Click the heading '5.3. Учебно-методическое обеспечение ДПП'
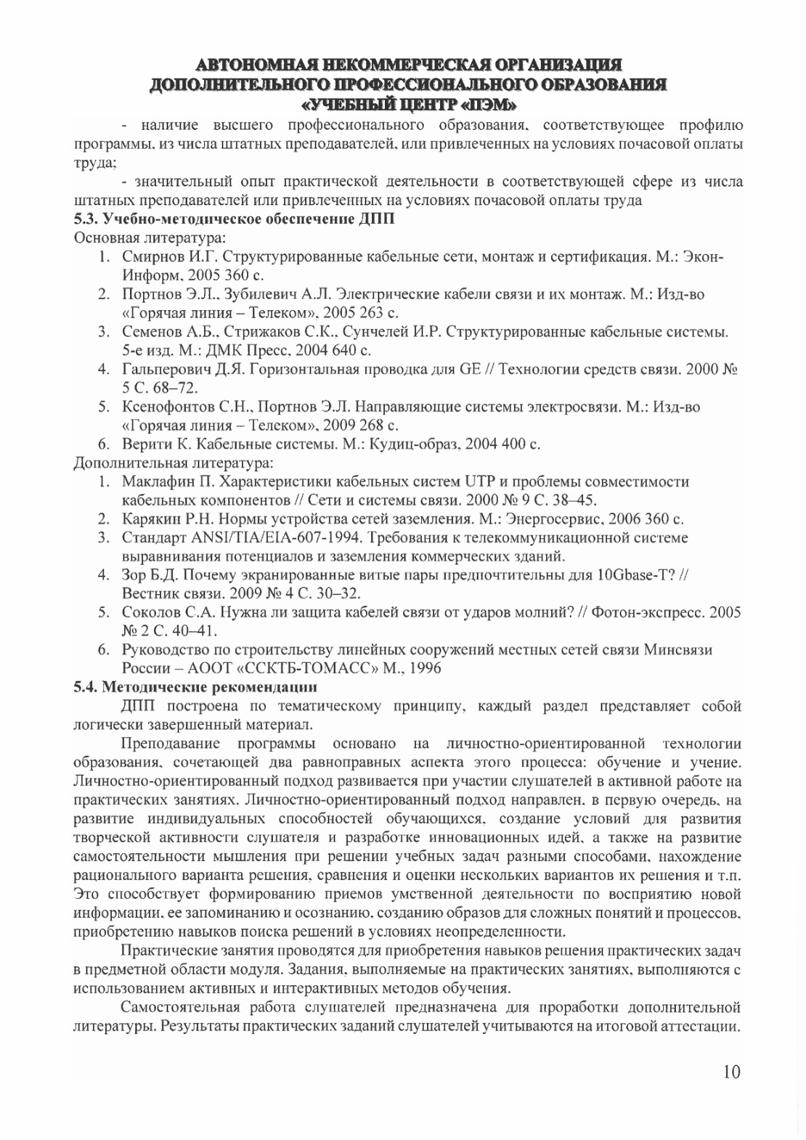pos(235,219)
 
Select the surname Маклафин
pos(161,481)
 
